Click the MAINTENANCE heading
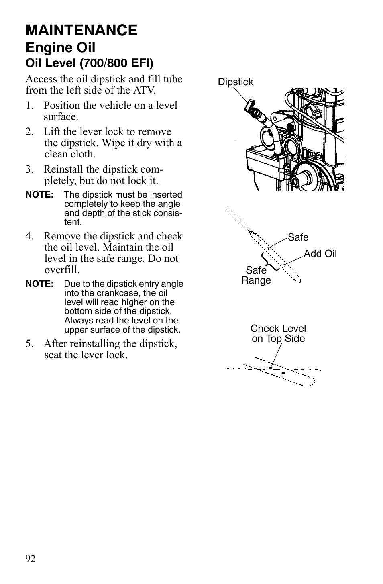coord(81,30)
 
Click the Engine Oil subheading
coord(61,48)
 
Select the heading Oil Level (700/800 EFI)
coord(90,63)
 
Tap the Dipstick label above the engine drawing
coord(235,82)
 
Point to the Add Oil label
coord(320,254)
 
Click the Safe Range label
coord(256,276)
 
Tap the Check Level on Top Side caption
coord(278,334)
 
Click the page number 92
coord(31,559)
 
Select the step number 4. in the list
coord(29,236)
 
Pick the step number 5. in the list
coord(29,344)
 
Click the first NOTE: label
coord(39,195)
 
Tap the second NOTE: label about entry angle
coord(39,284)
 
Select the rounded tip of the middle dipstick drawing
coord(298,280)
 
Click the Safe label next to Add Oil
coord(298,237)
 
